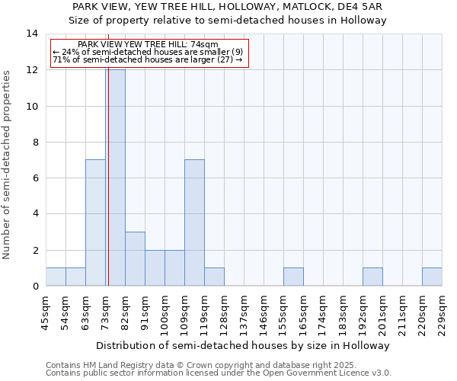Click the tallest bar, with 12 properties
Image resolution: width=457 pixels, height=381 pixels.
pyautogui.click(x=116, y=178)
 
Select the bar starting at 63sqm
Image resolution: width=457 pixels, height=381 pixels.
pyautogui.click(x=95, y=223)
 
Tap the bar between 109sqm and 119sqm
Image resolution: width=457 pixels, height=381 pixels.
pyautogui.click(x=194, y=223)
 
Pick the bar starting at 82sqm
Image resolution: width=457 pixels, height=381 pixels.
pyautogui.click(x=135, y=259)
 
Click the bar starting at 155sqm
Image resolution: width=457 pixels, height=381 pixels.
pyautogui.click(x=293, y=277)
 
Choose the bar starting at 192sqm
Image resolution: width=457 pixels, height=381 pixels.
pyautogui.click(x=372, y=277)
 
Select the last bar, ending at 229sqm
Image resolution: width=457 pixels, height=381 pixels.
pyautogui.click(x=432, y=277)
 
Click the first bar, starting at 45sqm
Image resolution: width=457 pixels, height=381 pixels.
pyautogui.click(x=56, y=277)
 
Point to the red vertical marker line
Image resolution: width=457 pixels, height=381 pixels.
pyautogui.click(x=109, y=190)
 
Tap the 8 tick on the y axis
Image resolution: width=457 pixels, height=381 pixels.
pyautogui.click(x=34, y=142)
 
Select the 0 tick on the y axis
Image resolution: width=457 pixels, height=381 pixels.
pyautogui.click(x=34, y=287)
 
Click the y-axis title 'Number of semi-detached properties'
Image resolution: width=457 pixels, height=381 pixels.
pyautogui.click(x=8, y=165)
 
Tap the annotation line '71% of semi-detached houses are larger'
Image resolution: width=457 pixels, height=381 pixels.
pyautogui.click(x=148, y=59)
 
